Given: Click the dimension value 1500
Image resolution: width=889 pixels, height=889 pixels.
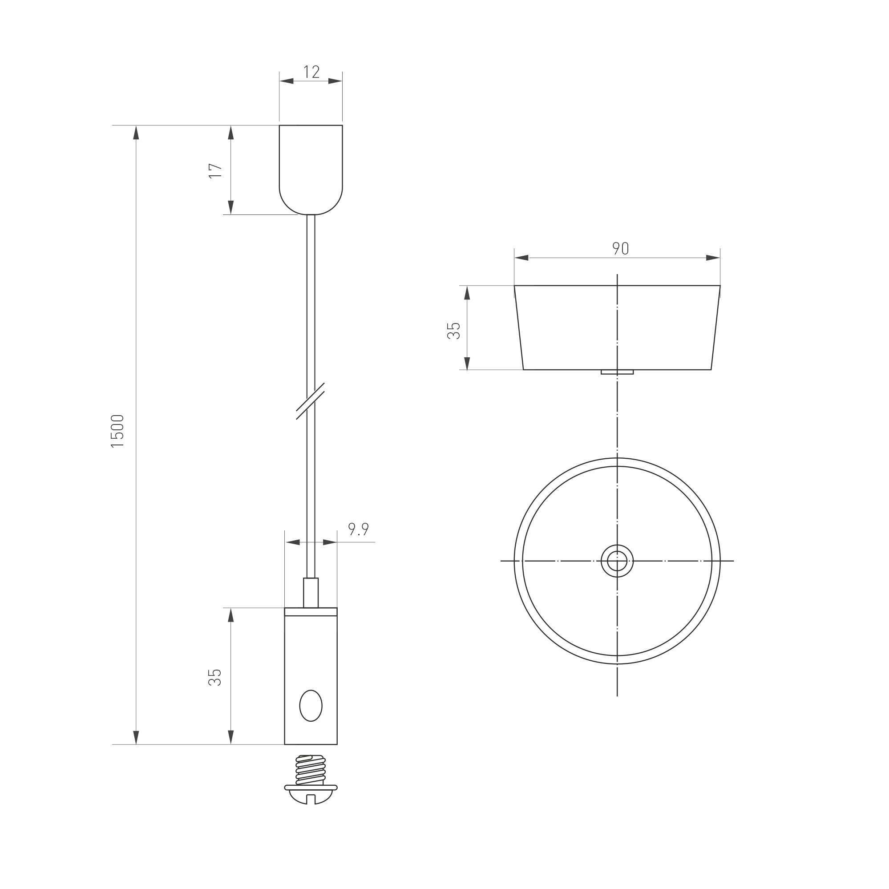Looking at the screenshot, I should tap(118, 431).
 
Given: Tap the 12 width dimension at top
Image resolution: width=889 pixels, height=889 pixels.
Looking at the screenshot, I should tap(311, 72).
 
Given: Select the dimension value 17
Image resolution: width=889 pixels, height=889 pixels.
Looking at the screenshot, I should tap(215, 170).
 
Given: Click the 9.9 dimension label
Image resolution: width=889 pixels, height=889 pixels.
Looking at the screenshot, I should tap(358, 529).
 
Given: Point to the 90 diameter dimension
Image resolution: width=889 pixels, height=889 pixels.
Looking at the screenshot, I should tap(620, 248).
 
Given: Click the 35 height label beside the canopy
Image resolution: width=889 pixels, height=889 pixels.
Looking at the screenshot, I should tap(454, 331).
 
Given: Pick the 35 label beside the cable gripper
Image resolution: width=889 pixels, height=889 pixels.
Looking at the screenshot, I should tap(215, 677).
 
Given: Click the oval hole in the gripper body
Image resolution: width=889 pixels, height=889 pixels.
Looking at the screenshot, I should tap(311, 705).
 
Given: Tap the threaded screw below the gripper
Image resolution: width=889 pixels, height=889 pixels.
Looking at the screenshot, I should tap(311, 770).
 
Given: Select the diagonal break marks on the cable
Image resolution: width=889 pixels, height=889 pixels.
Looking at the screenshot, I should tap(310, 401).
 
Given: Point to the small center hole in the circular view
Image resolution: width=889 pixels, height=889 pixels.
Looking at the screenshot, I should tap(617, 561).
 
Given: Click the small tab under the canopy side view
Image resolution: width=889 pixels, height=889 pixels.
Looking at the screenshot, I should tap(617, 372).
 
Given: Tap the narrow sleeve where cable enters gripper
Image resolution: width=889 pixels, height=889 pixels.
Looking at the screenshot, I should tap(311, 593).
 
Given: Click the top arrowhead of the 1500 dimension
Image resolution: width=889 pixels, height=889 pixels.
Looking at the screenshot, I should tap(136, 133).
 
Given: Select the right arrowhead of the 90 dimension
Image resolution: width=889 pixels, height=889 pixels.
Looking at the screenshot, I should tap(712, 258).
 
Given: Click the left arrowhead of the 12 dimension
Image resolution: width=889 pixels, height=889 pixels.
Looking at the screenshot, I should tap(287, 81).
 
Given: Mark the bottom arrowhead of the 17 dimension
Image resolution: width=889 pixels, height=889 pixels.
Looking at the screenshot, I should tap(231, 207).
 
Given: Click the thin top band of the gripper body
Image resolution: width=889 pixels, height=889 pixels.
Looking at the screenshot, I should tap(311, 611).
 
